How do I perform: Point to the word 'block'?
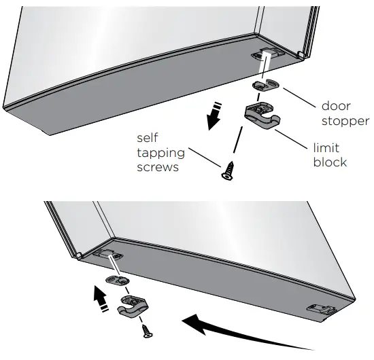coord(330,162)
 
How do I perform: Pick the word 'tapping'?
coord(160,153)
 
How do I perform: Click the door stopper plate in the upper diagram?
coord(266,84)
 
